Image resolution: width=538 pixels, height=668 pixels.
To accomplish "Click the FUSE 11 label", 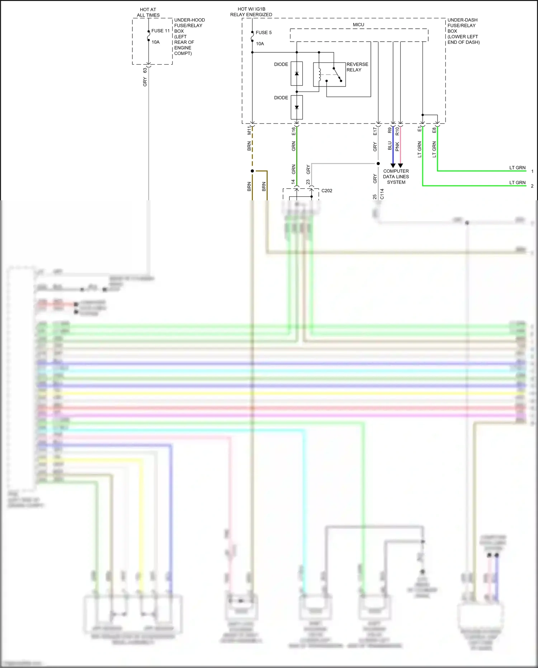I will pos(160,31).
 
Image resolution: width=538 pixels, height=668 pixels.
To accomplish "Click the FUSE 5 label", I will pos(264,33).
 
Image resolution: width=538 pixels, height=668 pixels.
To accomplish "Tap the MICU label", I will pos(358,25).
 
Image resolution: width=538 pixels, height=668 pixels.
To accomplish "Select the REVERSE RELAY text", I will pos(357,67).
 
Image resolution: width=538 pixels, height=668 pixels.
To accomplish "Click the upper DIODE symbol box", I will pos(297,74).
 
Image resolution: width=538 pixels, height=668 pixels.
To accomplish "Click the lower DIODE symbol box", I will pos(297,107).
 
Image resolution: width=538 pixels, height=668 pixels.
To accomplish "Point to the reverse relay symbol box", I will pos(329,75).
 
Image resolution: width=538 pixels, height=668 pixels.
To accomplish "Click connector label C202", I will pos(327,191).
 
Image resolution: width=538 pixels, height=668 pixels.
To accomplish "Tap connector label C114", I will pos(382,194).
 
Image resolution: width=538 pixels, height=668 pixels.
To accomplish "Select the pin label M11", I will pos(249,130).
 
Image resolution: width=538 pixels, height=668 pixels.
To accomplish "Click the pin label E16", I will pos(293,131).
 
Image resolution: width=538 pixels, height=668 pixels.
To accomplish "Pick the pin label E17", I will pos(375,131).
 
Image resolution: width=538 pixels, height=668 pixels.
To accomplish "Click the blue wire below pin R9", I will pos(393,147).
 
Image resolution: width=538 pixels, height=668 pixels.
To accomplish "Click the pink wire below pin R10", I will pos(401,147).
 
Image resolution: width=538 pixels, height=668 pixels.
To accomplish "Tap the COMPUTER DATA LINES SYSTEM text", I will pos(396,177).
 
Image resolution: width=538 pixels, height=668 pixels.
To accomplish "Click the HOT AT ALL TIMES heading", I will pos(148,12).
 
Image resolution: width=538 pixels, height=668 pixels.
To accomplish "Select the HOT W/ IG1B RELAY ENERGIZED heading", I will pos(251,12).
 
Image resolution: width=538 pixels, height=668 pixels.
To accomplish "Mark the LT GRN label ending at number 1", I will pos(517,168).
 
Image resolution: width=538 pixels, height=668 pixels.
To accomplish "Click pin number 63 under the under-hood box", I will pos(145,70).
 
